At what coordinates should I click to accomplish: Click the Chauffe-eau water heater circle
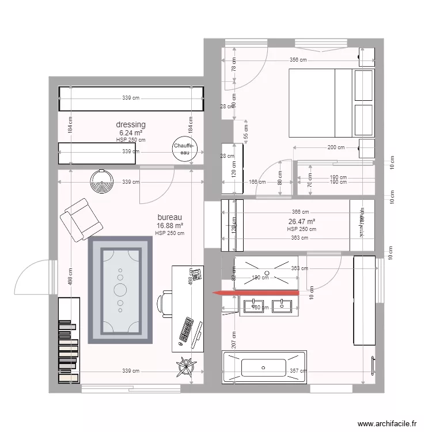click(185, 149)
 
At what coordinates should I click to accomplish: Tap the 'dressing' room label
click(131, 124)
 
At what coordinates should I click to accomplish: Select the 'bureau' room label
click(169, 218)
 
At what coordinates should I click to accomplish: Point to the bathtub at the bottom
click(263, 367)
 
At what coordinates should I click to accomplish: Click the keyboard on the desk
click(187, 329)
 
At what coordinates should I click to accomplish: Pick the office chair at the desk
click(165, 304)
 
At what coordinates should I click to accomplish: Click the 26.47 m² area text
click(301, 221)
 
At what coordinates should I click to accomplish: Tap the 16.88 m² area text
click(169, 226)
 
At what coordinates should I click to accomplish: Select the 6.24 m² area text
click(131, 132)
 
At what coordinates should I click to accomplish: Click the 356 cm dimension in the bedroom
click(298, 59)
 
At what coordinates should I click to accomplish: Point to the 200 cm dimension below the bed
click(336, 147)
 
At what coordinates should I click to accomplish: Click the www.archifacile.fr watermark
click(386, 424)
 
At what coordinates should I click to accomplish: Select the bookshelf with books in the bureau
click(69, 341)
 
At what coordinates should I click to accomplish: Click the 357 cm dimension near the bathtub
click(297, 371)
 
